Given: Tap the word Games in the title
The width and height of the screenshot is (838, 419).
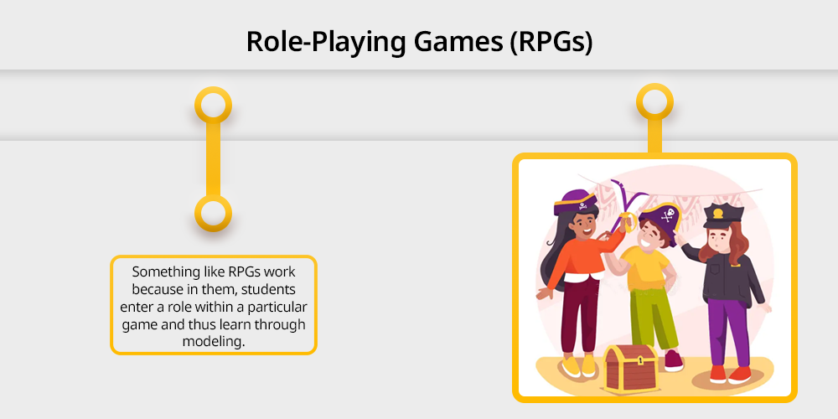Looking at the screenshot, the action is [x=458, y=42].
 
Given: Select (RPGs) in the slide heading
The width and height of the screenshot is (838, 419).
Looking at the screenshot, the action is [x=551, y=42].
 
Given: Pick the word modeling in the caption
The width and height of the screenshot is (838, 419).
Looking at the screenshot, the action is [x=213, y=342].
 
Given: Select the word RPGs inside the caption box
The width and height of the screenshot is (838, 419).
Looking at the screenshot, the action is [x=244, y=272].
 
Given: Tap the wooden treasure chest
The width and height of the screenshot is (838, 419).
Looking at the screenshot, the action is [x=631, y=369].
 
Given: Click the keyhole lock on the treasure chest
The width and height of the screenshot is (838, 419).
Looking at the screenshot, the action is [x=640, y=361].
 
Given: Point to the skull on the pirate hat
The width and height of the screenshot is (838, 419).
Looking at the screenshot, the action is [x=668, y=215].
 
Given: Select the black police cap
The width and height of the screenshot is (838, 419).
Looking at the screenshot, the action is [x=716, y=216].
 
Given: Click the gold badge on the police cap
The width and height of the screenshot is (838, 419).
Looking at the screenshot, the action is [x=718, y=214].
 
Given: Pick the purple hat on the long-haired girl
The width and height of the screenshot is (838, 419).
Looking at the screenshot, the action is [x=575, y=201].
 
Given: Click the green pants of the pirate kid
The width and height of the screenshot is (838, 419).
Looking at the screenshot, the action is [x=649, y=321].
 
